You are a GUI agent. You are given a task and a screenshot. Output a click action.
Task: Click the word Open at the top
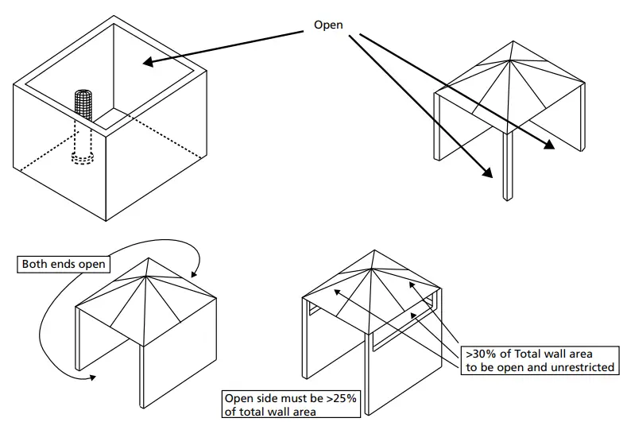tap(328, 25)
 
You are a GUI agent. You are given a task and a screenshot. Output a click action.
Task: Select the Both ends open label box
tap(63, 264)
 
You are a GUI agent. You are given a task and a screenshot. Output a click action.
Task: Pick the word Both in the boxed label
tap(37, 264)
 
